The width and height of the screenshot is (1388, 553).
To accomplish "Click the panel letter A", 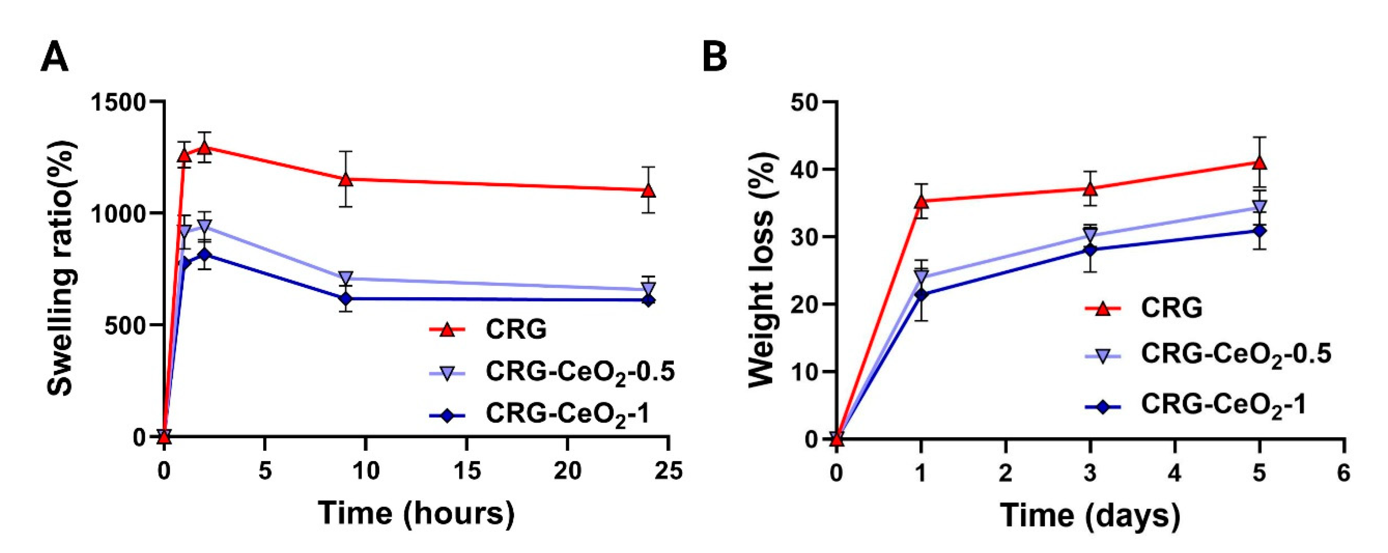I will point(54,58).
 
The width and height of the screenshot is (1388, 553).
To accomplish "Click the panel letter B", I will point(715,58).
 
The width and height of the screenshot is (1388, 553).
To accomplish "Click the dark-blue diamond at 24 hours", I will point(649,300).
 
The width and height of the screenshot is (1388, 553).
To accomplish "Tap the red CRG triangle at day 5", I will point(1260,163).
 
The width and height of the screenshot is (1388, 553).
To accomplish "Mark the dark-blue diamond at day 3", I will point(1090,249).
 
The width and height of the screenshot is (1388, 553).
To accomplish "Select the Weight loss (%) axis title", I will point(761,269).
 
